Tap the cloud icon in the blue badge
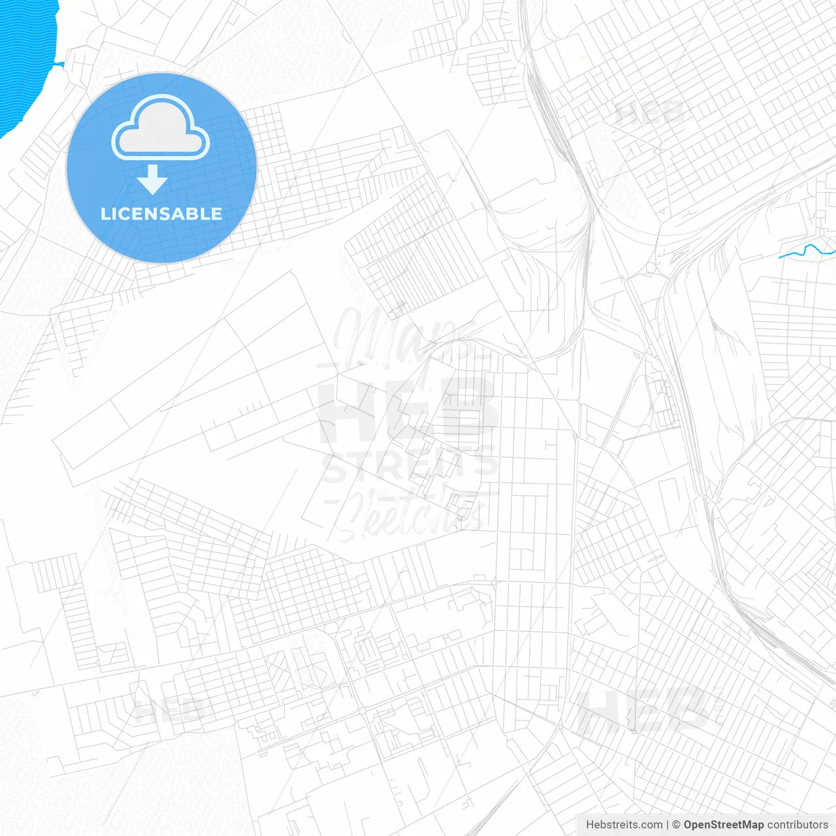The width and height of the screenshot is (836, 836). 161,128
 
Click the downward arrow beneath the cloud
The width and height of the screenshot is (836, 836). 153,180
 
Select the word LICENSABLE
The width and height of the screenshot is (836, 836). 161,214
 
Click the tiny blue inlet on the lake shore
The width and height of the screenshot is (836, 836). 59,64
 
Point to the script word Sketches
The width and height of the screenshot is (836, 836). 408,513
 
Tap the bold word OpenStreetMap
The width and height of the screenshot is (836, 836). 724,825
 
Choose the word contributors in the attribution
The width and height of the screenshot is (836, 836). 797,825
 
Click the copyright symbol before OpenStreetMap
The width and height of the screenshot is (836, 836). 677,825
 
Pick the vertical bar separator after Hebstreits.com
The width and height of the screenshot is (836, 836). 667,825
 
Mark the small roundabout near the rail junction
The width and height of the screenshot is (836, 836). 651,268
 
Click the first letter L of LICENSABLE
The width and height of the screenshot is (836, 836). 105,214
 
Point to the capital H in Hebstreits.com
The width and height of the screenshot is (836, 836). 590,825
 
